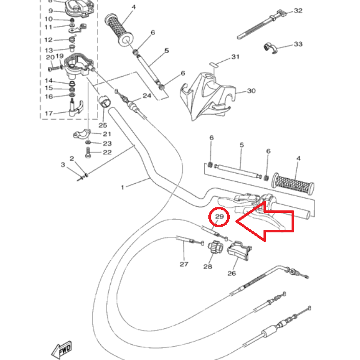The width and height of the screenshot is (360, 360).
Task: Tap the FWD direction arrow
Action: click(x=61, y=350)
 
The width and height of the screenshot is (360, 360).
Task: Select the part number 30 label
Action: click(x=251, y=91)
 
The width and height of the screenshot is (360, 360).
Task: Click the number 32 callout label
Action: click(x=298, y=11)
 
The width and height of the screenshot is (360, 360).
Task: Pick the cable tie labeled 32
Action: click(x=262, y=24)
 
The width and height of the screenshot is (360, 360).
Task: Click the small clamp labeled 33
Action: click(x=270, y=48)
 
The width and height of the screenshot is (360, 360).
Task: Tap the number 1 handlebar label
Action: click(x=123, y=187)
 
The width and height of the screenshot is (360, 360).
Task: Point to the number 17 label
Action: click(x=49, y=113)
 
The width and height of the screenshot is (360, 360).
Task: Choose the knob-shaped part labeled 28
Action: click(x=215, y=247)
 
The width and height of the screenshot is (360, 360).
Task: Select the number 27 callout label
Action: click(x=184, y=265)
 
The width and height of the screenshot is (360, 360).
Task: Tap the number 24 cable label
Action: click(x=147, y=95)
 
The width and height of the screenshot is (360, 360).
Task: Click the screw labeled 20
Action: click(x=54, y=68)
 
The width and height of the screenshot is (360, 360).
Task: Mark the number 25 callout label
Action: click(x=103, y=125)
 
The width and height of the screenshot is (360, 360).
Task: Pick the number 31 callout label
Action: click(x=235, y=57)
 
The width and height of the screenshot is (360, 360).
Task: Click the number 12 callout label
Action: click(x=49, y=40)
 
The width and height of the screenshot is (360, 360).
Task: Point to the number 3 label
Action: click(x=63, y=164)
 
